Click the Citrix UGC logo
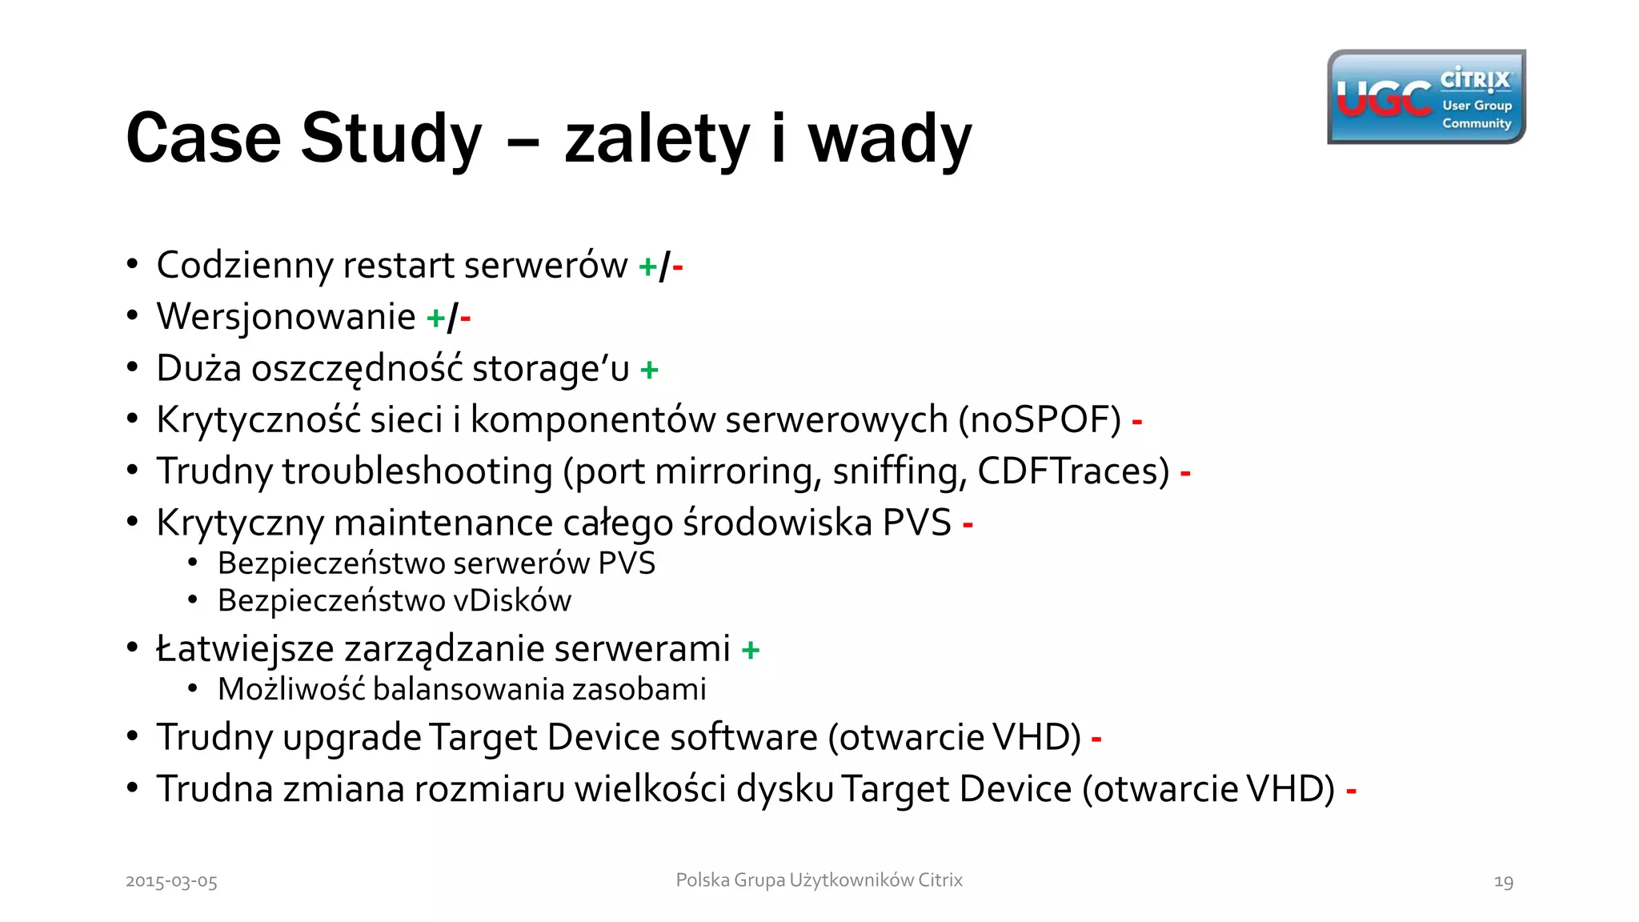point(1425,97)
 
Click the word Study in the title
point(391,138)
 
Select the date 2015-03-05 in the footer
point(171,881)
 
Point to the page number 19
point(1503,881)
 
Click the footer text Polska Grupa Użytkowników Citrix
point(819,880)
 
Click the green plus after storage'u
point(649,370)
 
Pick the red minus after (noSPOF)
point(1136,421)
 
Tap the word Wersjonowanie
point(286,317)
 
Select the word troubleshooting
point(417,471)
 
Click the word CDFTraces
point(1072,471)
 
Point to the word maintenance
point(443,523)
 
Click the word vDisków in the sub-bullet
point(512,600)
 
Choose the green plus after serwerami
point(750,650)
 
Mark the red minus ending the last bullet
point(1351,792)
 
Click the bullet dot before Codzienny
point(133,264)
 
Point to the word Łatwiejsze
point(244,649)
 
